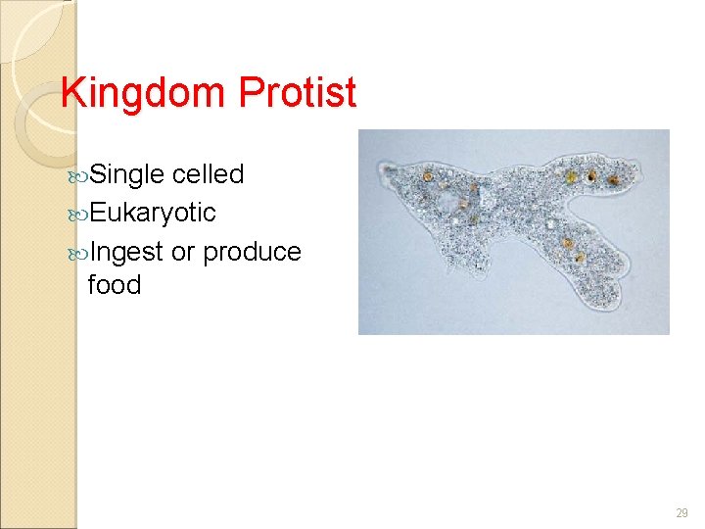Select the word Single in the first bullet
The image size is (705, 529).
point(128,175)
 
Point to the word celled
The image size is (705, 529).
point(208,175)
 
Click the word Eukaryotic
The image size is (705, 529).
point(152,213)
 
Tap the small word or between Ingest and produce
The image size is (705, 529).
point(183,252)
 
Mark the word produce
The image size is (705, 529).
point(252,252)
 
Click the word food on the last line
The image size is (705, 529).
point(115,285)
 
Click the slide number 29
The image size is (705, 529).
point(681,512)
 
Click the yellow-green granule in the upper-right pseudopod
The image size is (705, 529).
point(591,177)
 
